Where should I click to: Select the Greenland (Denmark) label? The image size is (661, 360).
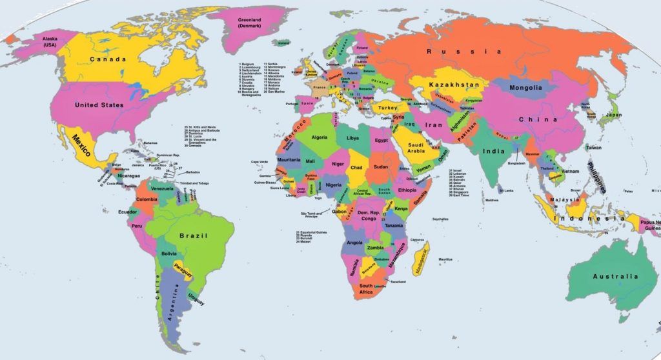(249, 24)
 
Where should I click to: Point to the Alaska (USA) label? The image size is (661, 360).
(50, 42)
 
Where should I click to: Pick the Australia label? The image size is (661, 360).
(615, 277)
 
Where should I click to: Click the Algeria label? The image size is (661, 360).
(320, 137)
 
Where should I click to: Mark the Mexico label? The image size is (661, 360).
(81, 141)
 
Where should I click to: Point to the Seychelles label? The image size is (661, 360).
(440, 219)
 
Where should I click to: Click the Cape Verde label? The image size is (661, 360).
(259, 161)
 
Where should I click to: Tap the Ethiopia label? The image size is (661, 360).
(407, 190)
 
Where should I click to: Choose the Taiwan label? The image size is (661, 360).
(593, 148)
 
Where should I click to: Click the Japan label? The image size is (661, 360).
(613, 115)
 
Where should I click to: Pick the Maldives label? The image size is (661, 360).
(492, 200)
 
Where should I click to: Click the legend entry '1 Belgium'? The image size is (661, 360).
(248, 65)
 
